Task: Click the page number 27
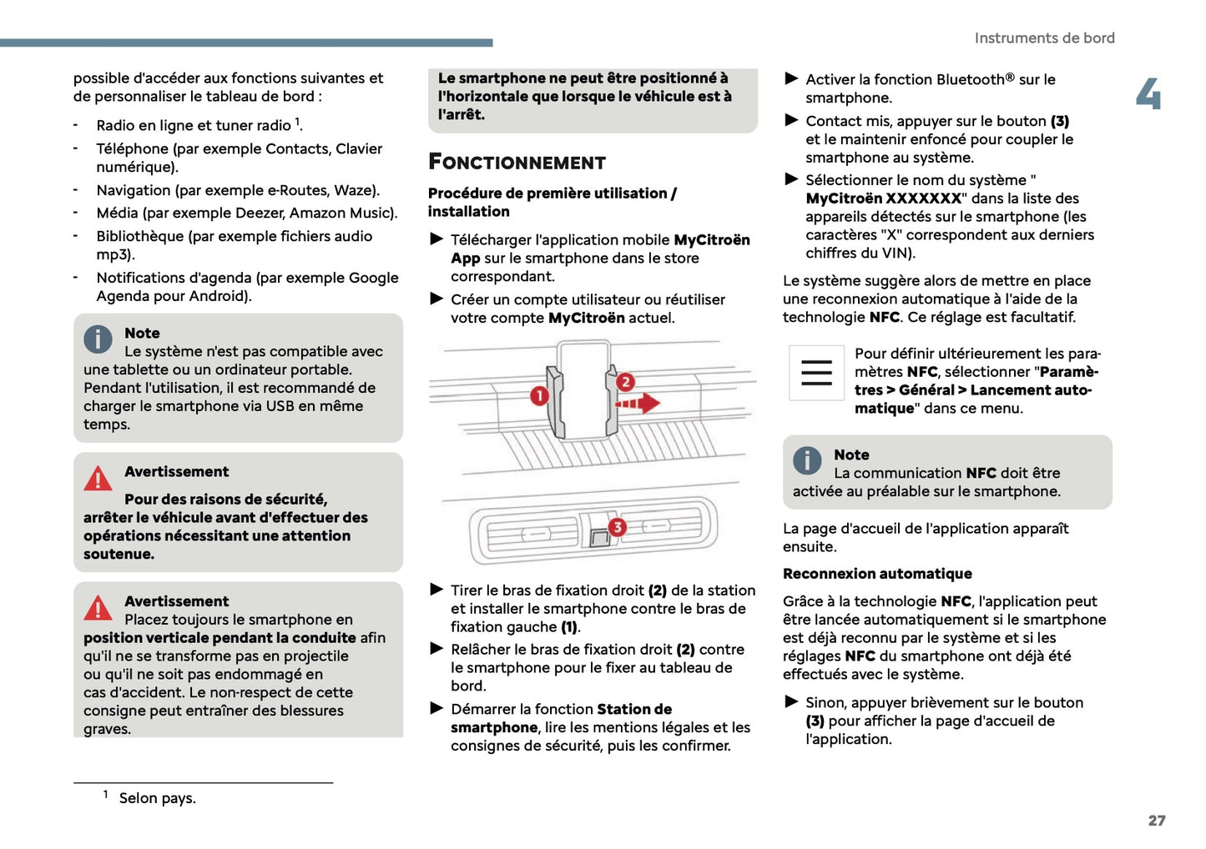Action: click(1156, 821)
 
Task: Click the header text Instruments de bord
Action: click(1044, 38)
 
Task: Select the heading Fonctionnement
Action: click(517, 162)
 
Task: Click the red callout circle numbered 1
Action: click(539, 395)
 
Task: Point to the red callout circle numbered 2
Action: click(625, 382)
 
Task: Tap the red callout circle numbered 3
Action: click(617, 527)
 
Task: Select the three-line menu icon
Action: click(815, 372)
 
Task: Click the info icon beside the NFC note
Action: click(807, 460)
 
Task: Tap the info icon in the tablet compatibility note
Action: click(98, 339)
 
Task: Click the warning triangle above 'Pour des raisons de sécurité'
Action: click(98, 478)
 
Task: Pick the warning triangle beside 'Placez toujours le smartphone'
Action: click(98, 608)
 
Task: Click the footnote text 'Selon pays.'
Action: click(157, 798)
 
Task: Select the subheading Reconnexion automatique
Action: click(877, 574)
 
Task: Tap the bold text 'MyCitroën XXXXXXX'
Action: click(883, 198)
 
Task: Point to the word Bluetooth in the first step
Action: click(971, 80)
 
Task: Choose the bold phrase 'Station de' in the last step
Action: click(633, 710)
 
